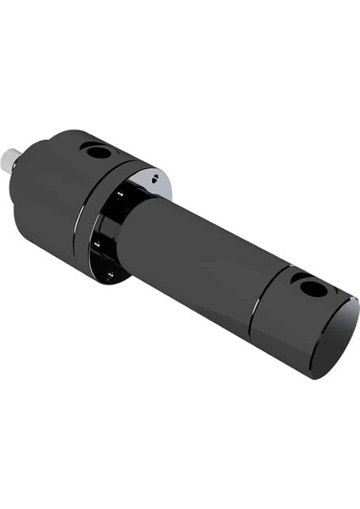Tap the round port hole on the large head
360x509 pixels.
(99, 154)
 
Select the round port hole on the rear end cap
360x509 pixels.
(313, 289)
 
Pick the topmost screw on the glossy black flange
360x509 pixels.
(121, 194)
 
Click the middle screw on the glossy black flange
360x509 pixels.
(97, 244)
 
